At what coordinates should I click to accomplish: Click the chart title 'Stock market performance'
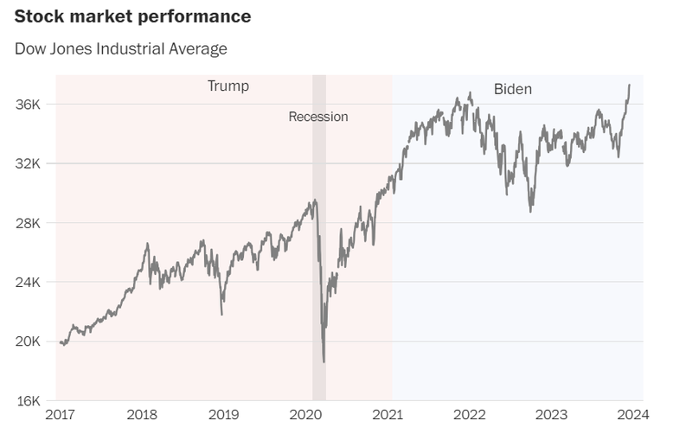point(133,16)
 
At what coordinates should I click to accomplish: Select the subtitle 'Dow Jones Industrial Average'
point(121,48)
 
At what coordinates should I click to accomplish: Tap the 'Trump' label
point(227,86)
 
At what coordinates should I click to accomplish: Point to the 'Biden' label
point(513,89)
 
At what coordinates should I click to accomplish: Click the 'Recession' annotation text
point(318,117)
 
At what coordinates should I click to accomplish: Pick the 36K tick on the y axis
point(29,105)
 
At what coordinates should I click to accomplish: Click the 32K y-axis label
point(29,163)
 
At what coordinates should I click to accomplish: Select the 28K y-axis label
point(29,223)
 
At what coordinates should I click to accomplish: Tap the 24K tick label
point(29,282)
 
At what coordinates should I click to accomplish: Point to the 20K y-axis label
point(29,341)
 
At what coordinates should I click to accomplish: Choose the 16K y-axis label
point(29,400)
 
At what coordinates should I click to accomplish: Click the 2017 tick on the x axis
point(59,415)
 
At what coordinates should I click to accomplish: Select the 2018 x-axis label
point(142,415)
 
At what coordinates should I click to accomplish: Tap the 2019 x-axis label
point(224,415)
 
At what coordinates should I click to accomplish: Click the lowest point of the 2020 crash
point(324,362)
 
